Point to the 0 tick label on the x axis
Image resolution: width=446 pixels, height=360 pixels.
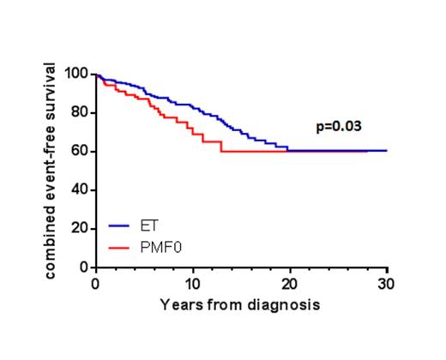coord(94,284)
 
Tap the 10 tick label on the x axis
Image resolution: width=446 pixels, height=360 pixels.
coord(192,284)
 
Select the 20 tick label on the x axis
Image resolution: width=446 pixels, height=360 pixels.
coord(289,284)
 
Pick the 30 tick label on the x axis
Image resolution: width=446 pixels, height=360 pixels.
coord(386,284)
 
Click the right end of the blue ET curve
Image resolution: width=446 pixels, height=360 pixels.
coord(386,150)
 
